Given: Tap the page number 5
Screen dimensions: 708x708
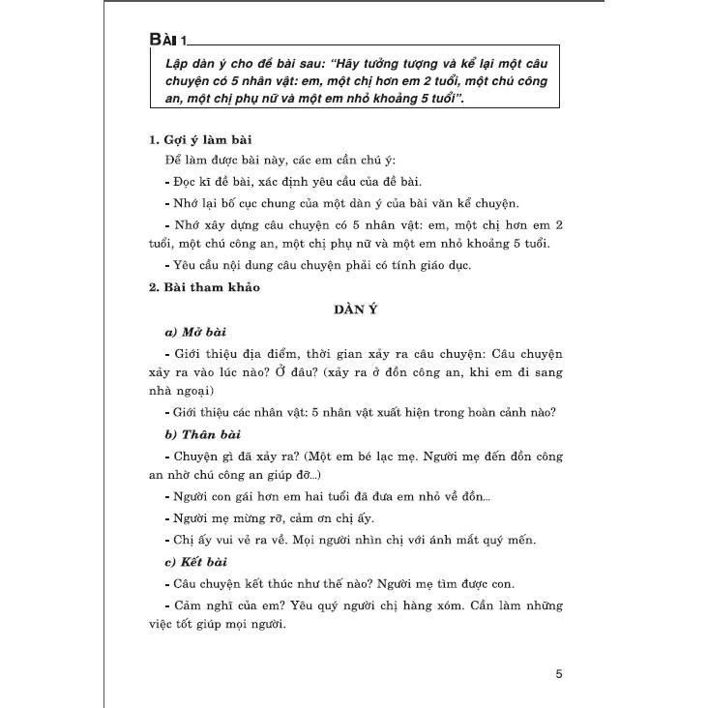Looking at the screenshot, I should (x=558, y=673).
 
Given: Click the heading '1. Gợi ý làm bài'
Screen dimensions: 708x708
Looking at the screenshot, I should (x=201, y=140).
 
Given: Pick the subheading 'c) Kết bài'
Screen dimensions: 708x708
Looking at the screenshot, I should (x=197, y=562).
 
